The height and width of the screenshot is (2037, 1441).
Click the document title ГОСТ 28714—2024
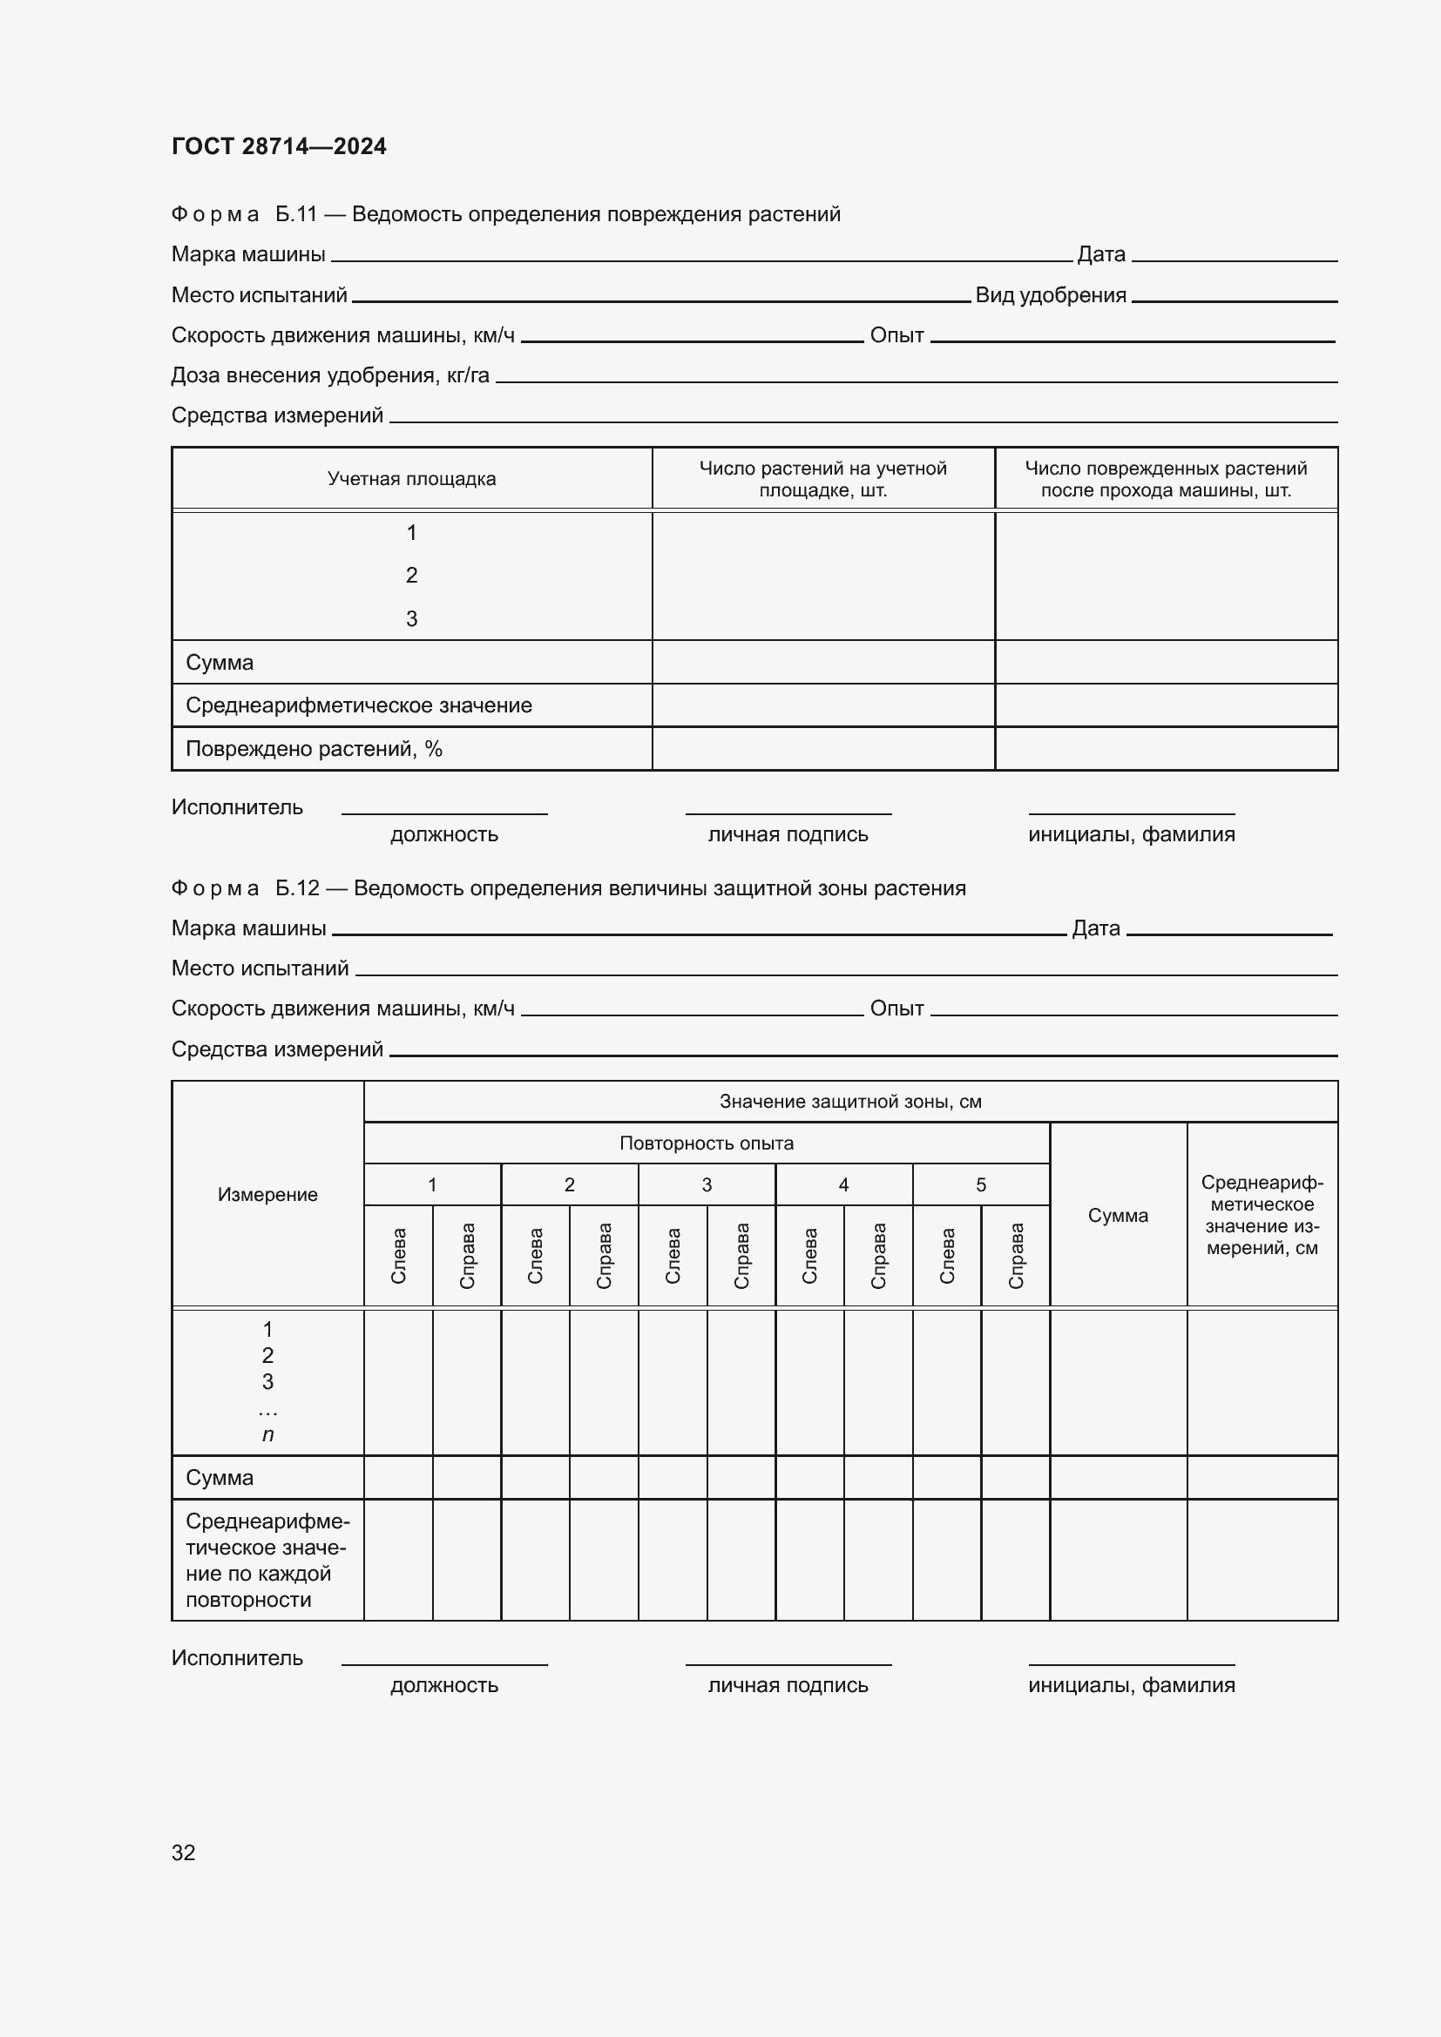[x=279, y=146]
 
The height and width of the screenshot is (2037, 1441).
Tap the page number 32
[x=183, y=1852]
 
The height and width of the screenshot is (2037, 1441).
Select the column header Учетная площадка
[x=411, y=479]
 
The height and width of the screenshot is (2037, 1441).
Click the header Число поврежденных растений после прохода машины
[x=1165, y=479]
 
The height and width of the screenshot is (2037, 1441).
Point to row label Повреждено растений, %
[x=314, y=749]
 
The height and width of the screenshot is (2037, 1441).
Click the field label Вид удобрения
[x=1051, y=295]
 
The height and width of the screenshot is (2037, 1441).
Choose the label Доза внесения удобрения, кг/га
[x=330, y=375]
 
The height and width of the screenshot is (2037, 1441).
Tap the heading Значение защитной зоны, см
[x=850, y=1101]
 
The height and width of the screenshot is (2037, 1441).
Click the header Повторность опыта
[x=707, y=1143]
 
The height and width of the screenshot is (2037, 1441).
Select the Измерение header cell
[x=267, y=1194]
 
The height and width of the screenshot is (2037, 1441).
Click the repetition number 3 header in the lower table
[x=707, y=1184]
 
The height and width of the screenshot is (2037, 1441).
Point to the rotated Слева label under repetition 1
[x=398, y=1256]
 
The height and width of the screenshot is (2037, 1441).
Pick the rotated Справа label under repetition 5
[x=1016, y=1256]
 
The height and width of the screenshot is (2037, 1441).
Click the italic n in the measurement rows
[x=267, y=1434]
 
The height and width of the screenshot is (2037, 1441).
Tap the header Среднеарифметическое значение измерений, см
[x=1261, y=1216]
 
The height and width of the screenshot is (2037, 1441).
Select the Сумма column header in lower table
[x=1117, y=1216]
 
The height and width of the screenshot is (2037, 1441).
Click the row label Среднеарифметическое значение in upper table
[x=358, y=705]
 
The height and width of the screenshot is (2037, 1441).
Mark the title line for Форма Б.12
[x=568, y=888]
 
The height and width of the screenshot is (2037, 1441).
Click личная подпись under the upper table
[x=787, y=834]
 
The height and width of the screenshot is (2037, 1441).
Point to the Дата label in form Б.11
[x=1100, y=254]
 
